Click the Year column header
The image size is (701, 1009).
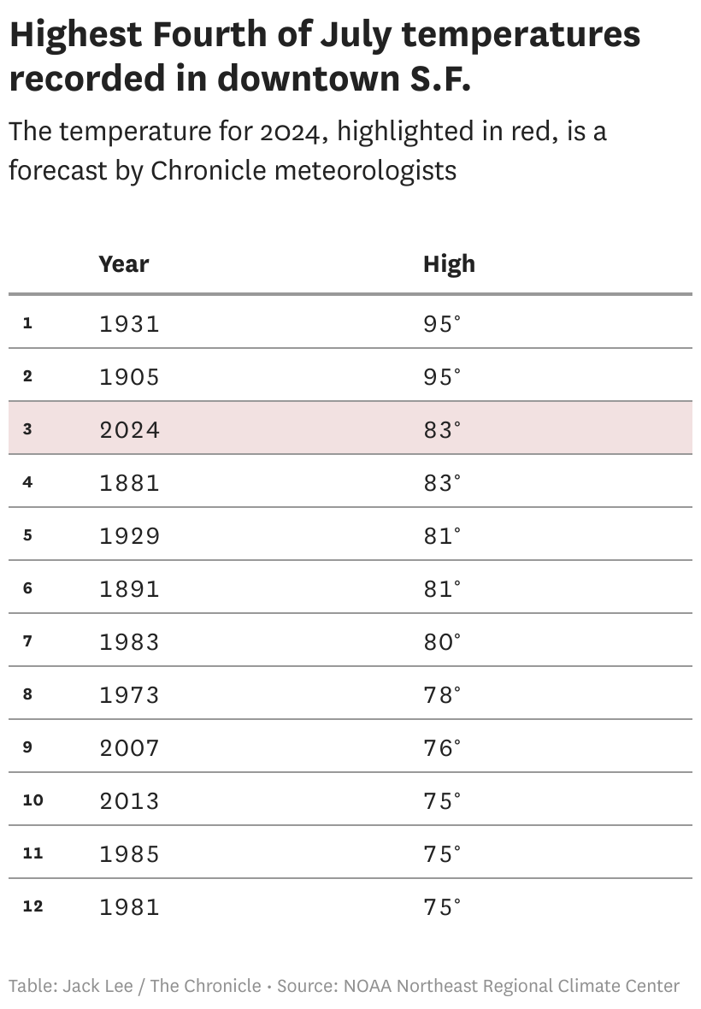[x=124, y=264]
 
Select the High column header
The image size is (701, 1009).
[x=449, y=264]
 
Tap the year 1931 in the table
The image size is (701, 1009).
[x=129, y=323]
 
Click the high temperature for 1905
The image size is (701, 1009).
[x=441, y=376]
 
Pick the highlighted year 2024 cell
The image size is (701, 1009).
[x=129, y=429]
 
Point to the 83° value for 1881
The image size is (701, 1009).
[x=441, y=482]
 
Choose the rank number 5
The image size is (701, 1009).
[x=27, y=535]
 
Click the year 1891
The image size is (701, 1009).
[x=129, y=588]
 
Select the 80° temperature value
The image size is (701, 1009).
[x=441, y=641]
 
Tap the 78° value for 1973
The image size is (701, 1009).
[x=441, y=694]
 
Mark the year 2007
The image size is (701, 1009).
[x=129, y=747]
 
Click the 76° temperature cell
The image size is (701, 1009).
[x=441, y=747]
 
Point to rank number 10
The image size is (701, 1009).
[x=32, y=800]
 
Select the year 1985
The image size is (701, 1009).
[x=129, y=853]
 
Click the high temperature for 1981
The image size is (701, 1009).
[x=441, y=906]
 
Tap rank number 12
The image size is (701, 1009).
[x=32, y=906]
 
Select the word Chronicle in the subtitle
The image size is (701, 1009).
[x=208, y=170]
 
